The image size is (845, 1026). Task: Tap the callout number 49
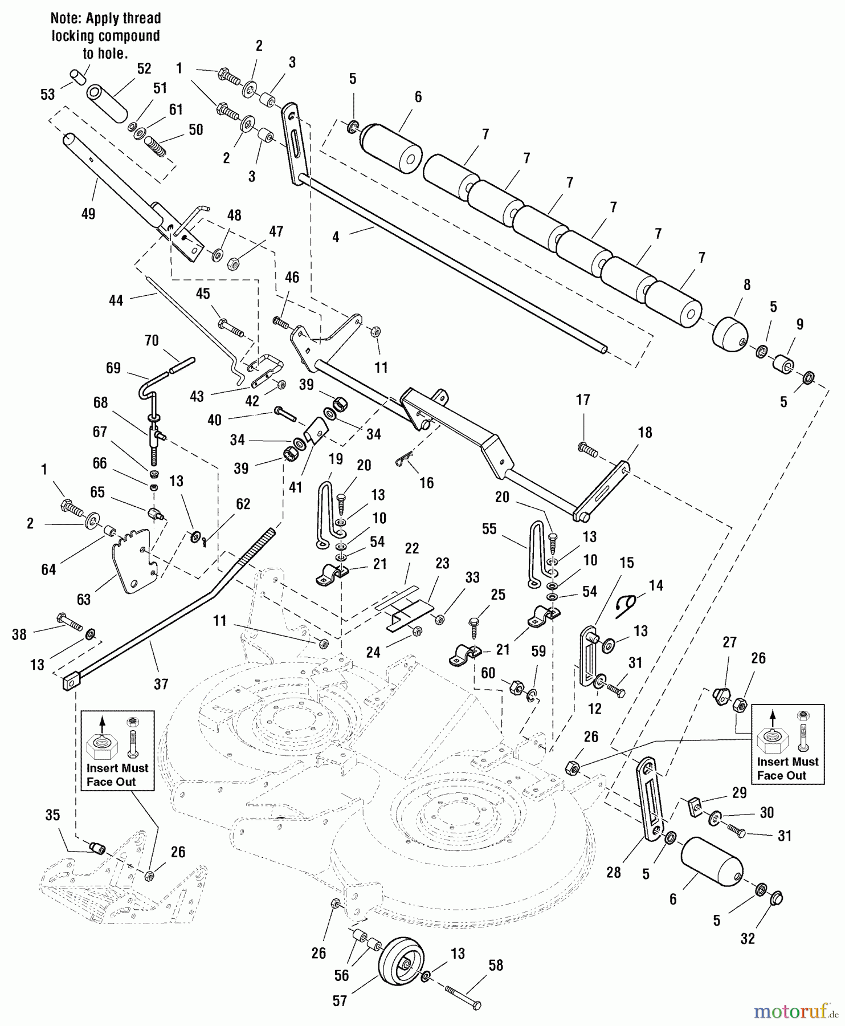point(88,214)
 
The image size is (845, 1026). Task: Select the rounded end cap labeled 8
point(729,335)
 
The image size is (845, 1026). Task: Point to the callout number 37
point(161,683)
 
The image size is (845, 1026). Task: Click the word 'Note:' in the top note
point(67,18)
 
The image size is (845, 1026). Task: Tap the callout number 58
point(496,965)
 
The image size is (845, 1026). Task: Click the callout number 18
point(644,432)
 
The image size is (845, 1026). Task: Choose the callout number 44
point(116,300)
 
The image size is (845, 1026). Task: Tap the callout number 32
point(747,939)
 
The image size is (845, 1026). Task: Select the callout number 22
point(411,548)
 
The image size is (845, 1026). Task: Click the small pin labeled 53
point(78,76)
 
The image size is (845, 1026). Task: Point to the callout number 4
point(336,237)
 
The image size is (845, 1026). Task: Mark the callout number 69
point(113,368)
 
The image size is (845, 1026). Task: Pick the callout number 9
point(799,324)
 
